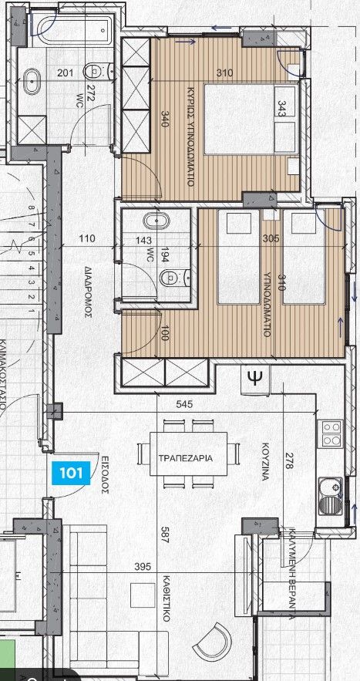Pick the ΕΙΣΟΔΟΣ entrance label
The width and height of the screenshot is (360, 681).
point(106,468)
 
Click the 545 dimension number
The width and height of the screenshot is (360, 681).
point(183,403)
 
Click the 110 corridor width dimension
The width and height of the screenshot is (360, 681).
point(87,240)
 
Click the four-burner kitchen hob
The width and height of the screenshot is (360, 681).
point(331,433)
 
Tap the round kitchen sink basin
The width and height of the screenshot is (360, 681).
point(333,487)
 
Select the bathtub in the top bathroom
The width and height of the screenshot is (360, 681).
point(72,32)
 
